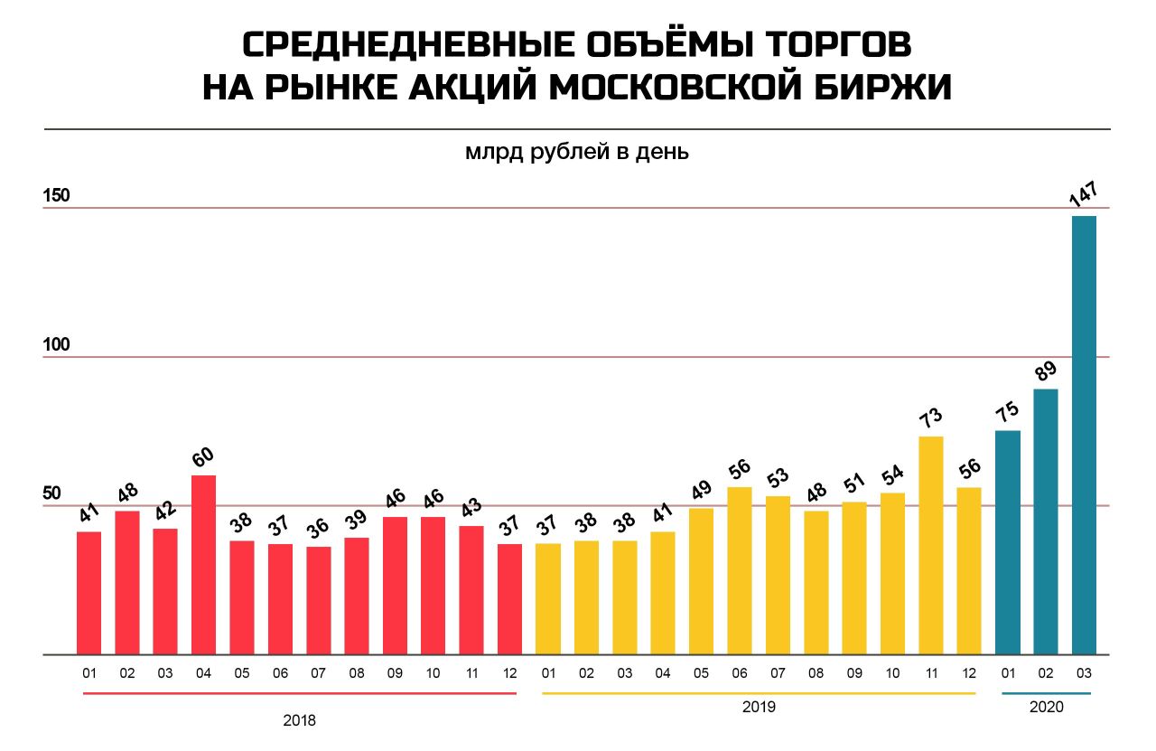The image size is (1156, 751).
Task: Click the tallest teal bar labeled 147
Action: tap(1084, 436)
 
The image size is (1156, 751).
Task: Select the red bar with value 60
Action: tap(203, 565)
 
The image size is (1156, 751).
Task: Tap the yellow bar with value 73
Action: tap(931, 546)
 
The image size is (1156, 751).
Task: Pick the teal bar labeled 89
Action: tap(1046, 522)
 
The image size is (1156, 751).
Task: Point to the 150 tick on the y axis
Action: tap(56, 196)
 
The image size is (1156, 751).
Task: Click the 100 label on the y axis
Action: tap(56, 344)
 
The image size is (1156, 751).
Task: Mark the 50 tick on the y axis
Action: tap(51, 493)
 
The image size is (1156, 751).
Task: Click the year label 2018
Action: tap(299, 720)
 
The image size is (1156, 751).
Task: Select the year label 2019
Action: tap(759, 707)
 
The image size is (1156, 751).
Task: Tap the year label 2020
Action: tap(1047, 707)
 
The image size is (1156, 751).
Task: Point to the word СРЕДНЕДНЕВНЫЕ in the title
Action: tap(408, 44)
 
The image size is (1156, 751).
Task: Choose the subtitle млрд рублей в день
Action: tap(577, 152)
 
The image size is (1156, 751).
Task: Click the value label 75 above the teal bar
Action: tap(1007, 412)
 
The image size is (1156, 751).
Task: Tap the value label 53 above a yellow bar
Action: tap(778, 477)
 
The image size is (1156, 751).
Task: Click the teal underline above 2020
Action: tap(1047, 694)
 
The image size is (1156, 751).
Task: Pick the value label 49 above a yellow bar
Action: tap(702, 490)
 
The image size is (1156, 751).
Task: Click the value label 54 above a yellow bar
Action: tap(893, 474)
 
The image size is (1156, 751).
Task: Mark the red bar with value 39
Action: tap(357, 596)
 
